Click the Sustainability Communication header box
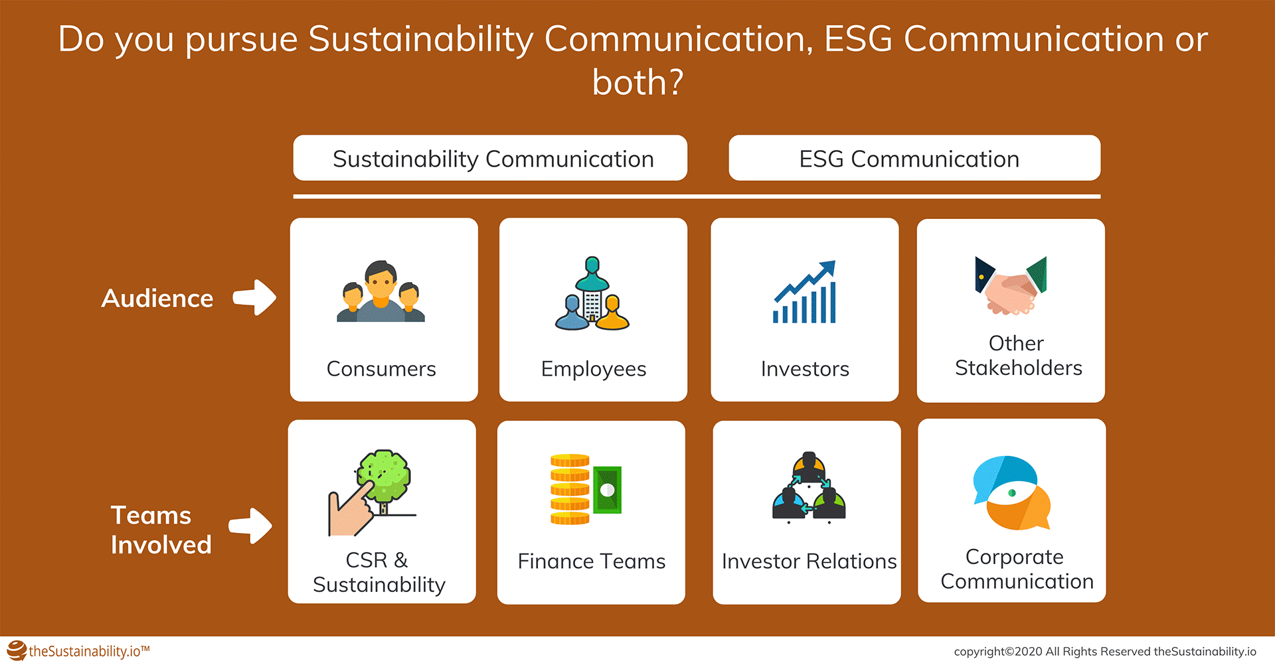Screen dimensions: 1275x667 click(490, 158)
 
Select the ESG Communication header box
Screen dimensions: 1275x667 click(914, 158)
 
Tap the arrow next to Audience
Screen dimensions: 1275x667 click(255, 297)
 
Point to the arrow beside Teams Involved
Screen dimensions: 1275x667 click(250, 526)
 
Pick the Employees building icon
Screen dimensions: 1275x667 click(592, 293)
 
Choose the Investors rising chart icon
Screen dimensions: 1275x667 click(804, 292)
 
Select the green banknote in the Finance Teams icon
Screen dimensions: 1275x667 click(607, 490)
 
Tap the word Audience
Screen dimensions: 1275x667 click(157, 298)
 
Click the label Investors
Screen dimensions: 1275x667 click(805, 368)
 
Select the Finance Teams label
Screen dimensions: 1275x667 click(591, 561)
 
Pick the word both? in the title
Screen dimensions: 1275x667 click(637, 82)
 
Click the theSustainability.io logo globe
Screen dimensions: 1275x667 click(17, 651)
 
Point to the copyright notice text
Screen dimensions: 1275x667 click(1105, 652)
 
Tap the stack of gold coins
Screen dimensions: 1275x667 click(570, 490)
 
